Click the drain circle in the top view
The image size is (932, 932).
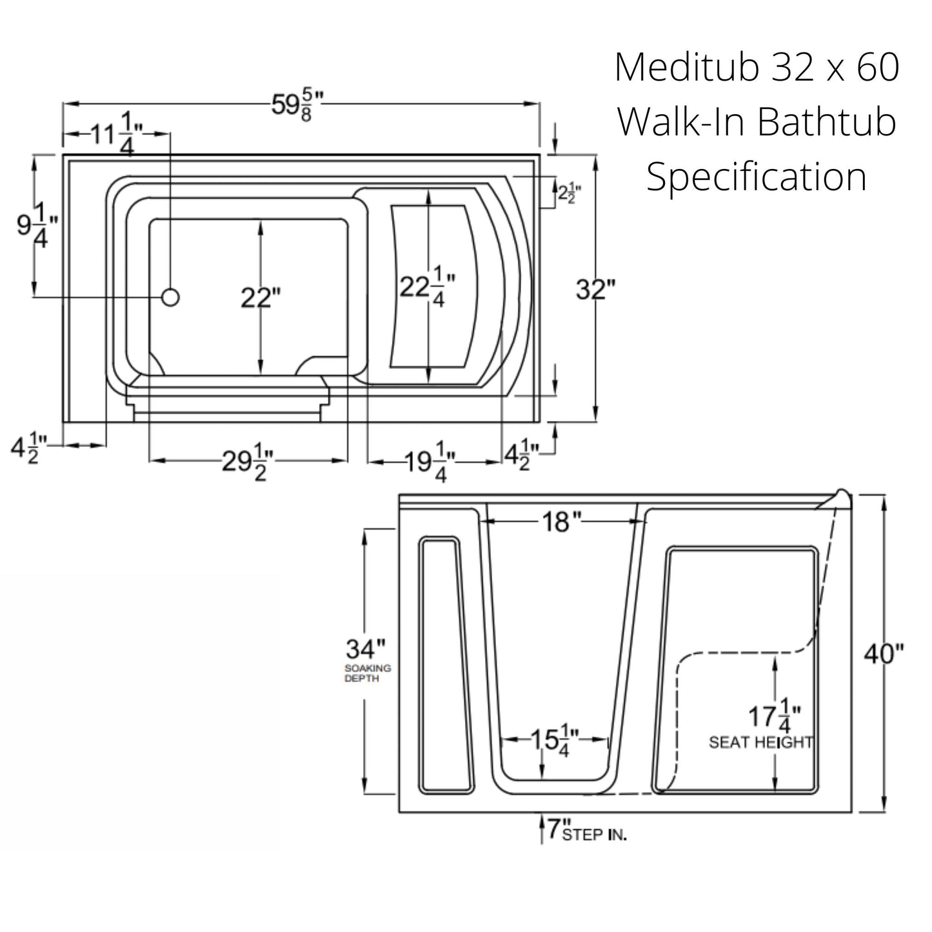pos(170,297)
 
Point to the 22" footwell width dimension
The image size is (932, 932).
pos(261,298)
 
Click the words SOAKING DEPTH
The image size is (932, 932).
pos(367,673)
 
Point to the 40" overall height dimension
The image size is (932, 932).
pos(884,654)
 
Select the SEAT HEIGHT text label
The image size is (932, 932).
pos(760,743)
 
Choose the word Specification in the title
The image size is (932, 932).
pos(757,177)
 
